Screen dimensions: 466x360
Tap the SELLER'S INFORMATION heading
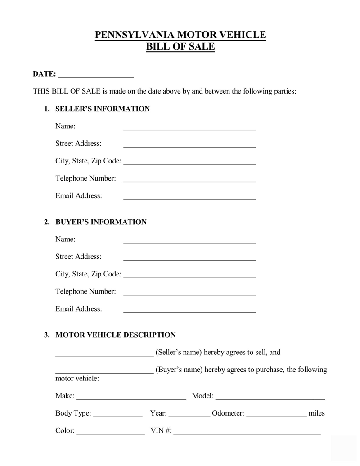coord(102,109)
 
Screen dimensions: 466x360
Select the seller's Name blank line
coord(189,127)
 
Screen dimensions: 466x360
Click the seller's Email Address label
coord(79,196)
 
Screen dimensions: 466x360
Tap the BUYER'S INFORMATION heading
coord(101,222)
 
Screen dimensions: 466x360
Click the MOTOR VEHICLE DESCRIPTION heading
coord(115,335)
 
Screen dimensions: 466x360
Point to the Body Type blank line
coord(118,415)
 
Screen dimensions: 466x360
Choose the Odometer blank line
coord(276,415)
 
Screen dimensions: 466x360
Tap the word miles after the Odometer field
coord(316,413)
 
